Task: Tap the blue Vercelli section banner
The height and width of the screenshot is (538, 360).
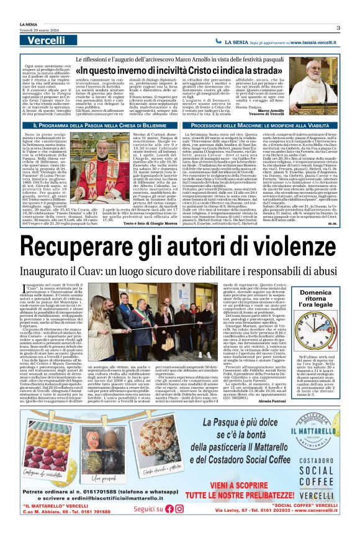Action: [x=47, y=40]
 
